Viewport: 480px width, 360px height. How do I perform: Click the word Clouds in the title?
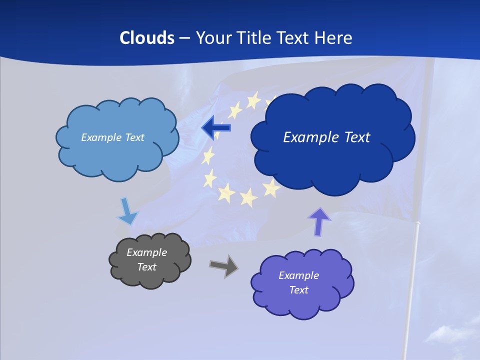(147, 38)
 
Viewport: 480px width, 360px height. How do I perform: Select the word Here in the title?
(333, 38)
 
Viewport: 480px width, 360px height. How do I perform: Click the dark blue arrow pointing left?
(216, 128)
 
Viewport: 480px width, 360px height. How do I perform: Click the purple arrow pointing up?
(319, 221)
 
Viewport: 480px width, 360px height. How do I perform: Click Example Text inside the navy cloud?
(326, 137)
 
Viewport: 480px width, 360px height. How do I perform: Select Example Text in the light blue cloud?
(112, 137)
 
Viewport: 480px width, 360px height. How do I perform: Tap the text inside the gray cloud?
(147, 259)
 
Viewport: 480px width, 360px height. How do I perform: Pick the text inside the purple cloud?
(298, 282)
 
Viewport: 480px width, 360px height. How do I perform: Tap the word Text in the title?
(292, 38)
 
